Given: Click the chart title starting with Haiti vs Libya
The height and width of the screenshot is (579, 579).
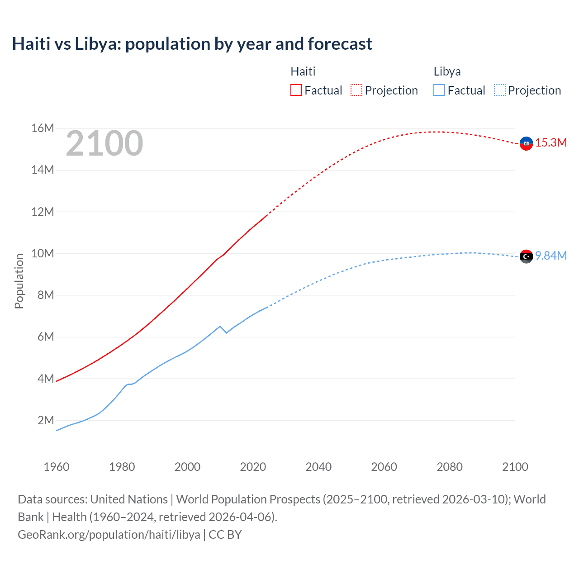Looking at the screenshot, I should coord(192,44).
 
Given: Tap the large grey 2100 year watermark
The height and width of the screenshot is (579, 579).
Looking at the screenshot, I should coord(104,143).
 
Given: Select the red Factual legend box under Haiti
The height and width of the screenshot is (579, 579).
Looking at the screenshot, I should coord(296,90).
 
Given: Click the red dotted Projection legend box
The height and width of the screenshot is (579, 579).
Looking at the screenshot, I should coord(356,90).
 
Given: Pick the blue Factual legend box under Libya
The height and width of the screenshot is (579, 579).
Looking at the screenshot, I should coord(439,90).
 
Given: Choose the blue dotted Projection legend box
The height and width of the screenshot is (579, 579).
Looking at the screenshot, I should coord(500,90).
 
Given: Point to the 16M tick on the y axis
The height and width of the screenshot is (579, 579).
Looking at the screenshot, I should coord(43,128).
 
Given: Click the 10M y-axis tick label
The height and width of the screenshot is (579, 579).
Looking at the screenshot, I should coord(43,253).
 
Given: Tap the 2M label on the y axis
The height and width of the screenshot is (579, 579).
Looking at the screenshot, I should coord(46,420).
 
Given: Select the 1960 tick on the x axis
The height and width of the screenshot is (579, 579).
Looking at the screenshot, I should coord(57,467).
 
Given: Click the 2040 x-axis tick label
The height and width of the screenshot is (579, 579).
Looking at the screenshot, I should coord(318,467).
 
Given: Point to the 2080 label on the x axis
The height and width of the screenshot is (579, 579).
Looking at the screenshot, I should coord(450,467).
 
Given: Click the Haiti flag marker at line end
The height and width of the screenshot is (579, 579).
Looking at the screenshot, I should coord(526,143).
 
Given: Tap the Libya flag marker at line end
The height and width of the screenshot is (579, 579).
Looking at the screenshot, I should coord(526,256).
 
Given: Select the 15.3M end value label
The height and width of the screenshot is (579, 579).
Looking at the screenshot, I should coord(551,143).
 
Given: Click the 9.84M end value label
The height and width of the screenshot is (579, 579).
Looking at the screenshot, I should coord(551,256).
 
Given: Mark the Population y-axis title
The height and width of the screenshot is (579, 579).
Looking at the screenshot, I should coord(19,281).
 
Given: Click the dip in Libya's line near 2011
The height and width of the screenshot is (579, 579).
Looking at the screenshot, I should coord(226,332).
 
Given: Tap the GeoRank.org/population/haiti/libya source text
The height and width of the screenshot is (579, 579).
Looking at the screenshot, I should coord(109,535).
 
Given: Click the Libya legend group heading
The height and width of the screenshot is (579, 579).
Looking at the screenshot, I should coord(447,71).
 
